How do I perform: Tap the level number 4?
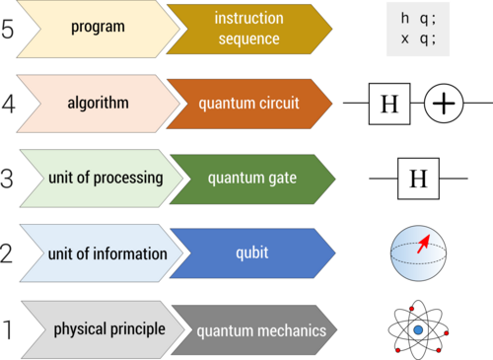9,102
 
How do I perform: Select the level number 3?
9,178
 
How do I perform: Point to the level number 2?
9,253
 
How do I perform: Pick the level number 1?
9,329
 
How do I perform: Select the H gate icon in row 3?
418,179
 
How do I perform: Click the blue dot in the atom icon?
418,328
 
